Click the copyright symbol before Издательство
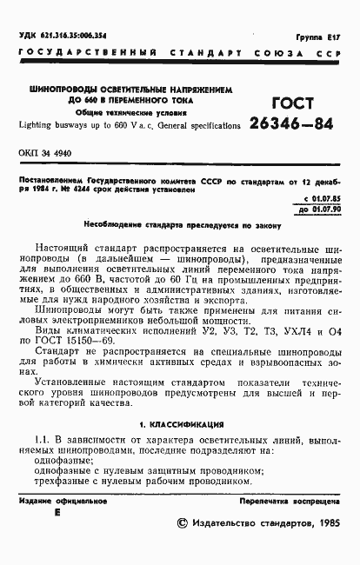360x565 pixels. (183, 523)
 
